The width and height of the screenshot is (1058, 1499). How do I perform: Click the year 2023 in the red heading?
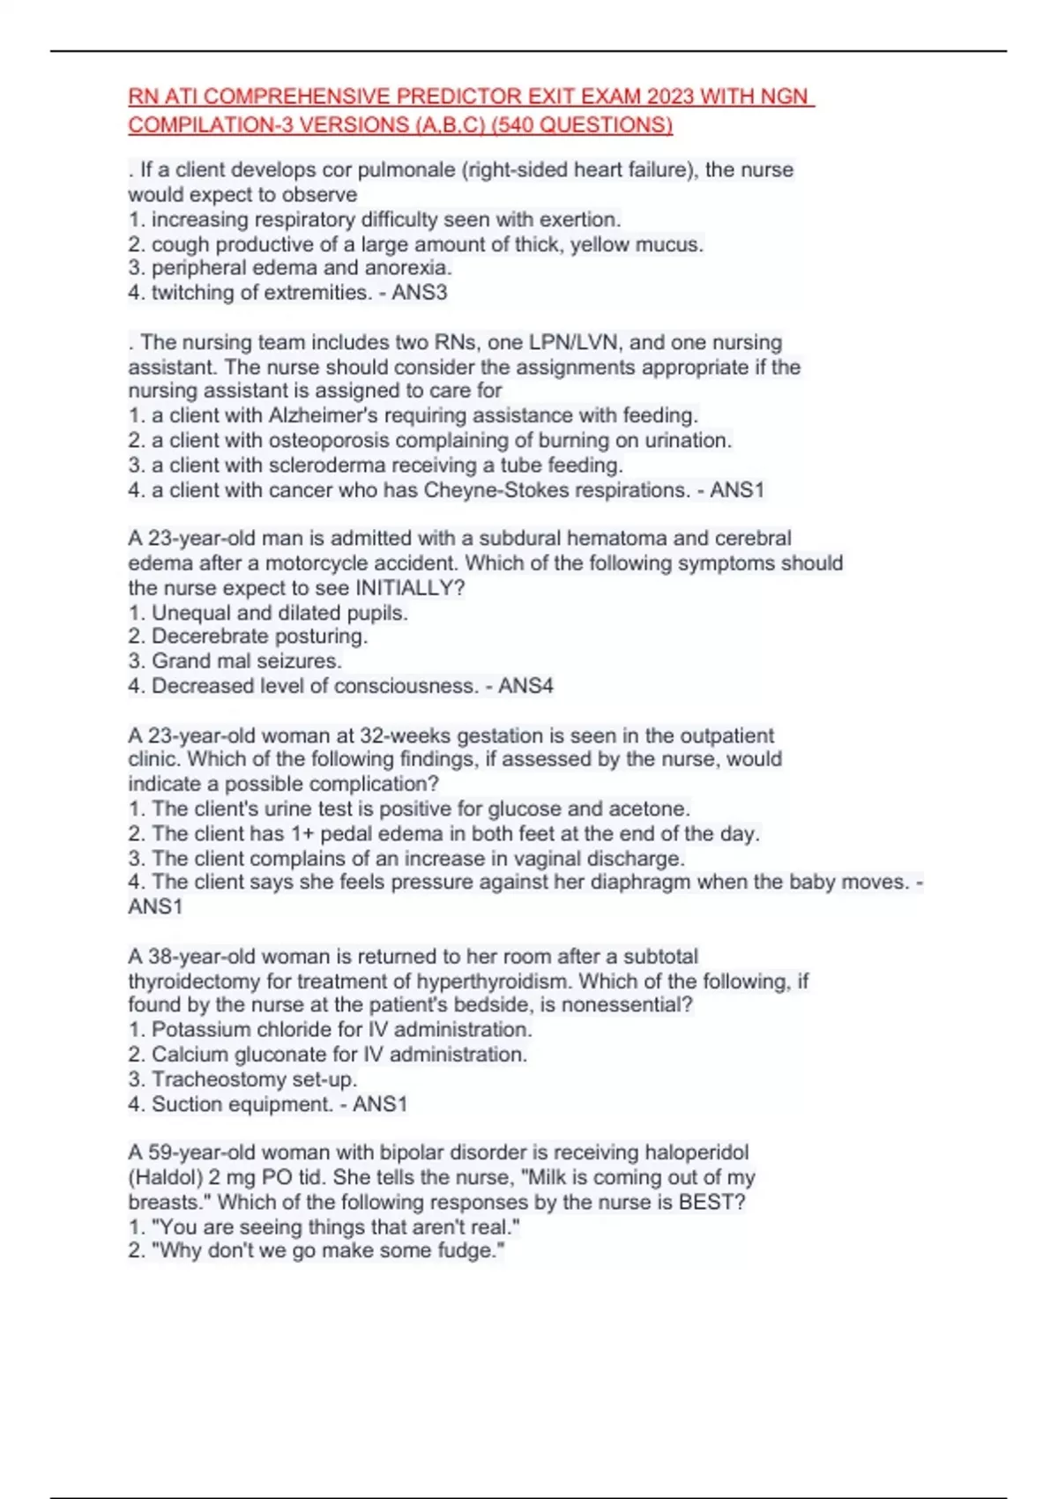coord(669,96)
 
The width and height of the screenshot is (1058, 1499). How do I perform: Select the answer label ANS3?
coord(420,293)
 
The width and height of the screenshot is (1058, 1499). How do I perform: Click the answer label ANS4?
coord(525,686)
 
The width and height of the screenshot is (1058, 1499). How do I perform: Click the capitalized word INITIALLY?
coord(410,588)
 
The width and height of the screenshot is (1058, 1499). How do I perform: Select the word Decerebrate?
coord(208,637)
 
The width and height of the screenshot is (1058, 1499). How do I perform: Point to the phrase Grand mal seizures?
coord(247,661)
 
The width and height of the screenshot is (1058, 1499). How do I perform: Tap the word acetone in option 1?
coord(648,809)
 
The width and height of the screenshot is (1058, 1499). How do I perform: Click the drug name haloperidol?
coord(697,1152)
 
